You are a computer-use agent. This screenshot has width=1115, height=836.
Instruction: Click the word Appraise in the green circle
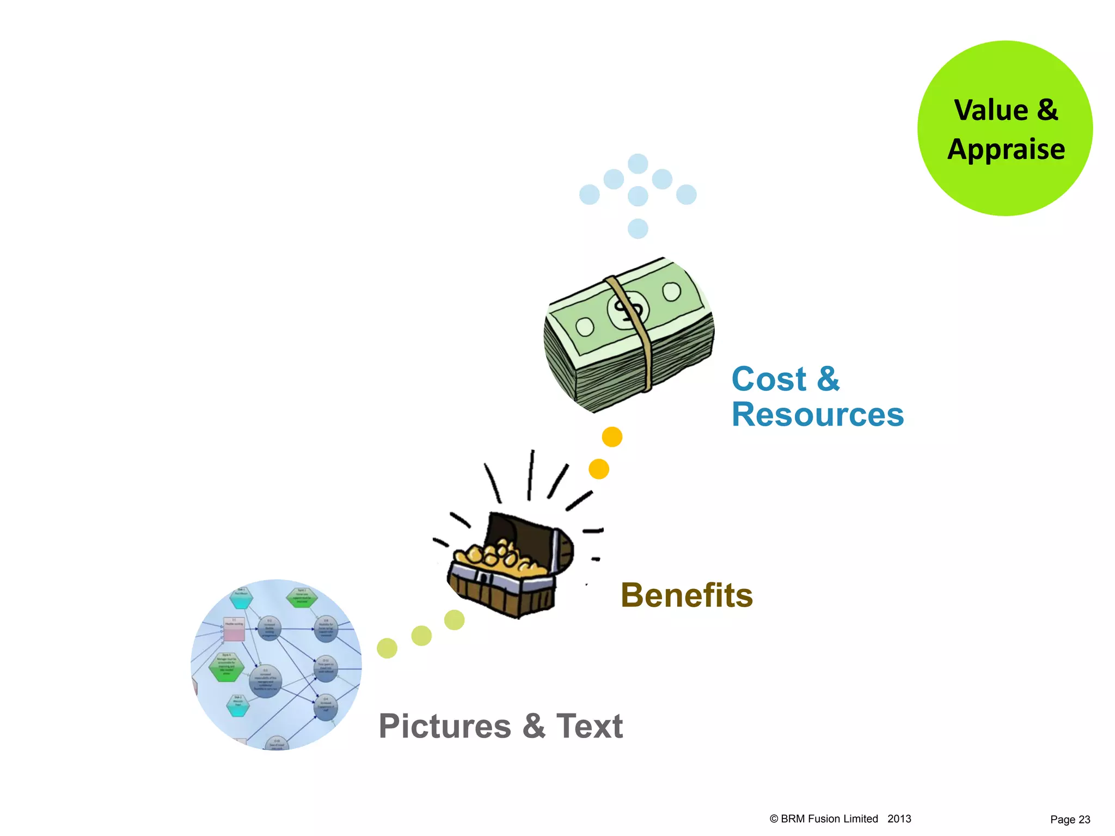1006,149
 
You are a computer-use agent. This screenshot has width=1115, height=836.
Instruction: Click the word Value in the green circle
991,110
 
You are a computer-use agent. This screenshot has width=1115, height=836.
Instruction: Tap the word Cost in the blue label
768,379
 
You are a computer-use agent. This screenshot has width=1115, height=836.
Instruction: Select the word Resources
817,415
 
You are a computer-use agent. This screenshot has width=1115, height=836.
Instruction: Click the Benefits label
687,595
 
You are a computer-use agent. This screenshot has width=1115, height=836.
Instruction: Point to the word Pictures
445,726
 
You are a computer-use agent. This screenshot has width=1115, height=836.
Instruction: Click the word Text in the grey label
589,726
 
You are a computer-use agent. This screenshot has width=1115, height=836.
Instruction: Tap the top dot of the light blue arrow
638,163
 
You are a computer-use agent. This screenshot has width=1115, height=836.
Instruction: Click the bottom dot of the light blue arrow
638,229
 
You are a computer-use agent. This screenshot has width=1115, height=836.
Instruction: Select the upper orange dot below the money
612,437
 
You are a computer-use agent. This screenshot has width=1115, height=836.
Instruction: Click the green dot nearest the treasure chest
454,620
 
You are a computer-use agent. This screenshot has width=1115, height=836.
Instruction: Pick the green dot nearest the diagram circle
387,648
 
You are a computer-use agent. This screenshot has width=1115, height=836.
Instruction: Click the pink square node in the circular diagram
234,629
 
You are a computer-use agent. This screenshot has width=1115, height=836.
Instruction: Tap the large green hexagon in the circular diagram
226,667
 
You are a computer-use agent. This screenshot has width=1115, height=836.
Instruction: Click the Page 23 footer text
1070,820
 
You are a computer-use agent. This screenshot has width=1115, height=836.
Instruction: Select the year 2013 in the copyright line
899,819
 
